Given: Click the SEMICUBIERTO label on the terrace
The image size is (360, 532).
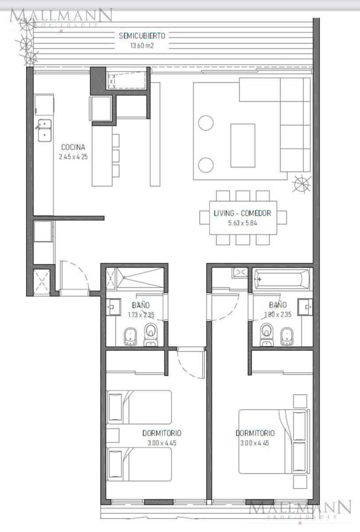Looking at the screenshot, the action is [142, 36].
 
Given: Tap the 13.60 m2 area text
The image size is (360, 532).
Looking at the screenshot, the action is [142, 45].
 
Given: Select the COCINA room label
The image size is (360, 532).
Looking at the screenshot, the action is [73, 147].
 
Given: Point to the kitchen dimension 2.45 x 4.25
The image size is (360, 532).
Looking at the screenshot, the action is [73, 157].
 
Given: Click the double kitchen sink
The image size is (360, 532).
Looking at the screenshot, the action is [45, 130].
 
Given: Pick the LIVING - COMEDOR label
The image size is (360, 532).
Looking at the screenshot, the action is [243, 213].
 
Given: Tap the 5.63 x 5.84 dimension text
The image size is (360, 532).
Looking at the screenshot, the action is [243, 223].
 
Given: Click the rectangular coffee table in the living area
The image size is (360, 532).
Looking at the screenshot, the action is [243, 145].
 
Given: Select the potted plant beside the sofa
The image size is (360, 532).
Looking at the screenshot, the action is [302, 184].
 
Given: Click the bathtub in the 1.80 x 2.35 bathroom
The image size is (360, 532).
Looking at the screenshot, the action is [282, 279].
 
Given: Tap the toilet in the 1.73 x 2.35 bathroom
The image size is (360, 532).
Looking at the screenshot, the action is [150, 334].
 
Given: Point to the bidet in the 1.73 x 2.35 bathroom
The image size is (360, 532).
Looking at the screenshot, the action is [130, 336].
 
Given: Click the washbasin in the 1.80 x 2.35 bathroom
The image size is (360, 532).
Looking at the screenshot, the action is [305, 307].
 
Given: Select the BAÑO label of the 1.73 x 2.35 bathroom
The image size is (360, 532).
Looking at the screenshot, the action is [141, 305].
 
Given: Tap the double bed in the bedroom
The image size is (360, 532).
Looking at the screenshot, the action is [274, 442].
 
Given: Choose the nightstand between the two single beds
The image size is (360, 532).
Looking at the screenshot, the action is [113, 435].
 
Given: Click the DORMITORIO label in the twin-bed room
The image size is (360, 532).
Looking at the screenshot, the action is [162, 433].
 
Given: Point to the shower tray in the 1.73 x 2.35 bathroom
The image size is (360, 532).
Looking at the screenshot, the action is [140, 278].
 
